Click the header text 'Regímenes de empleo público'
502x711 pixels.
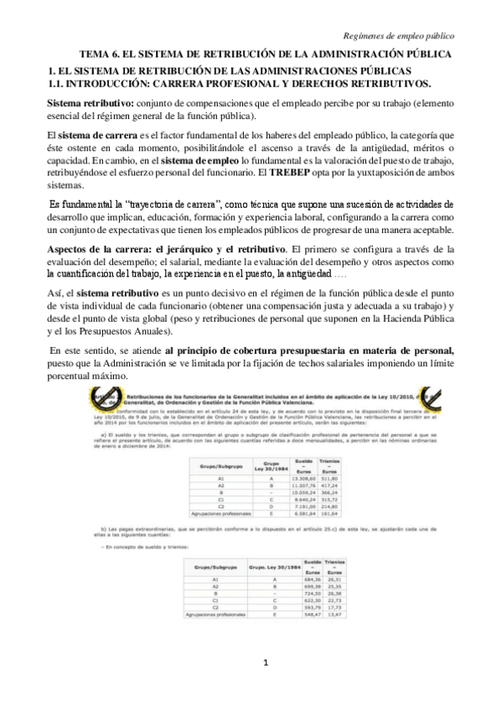(x=404, y=35)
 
